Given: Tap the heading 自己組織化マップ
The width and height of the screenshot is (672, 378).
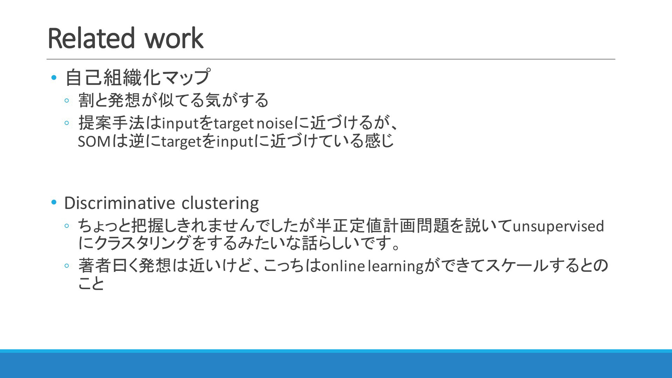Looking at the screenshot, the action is coord(138,77).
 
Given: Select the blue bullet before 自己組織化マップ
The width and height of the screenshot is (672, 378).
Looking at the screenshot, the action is coord(54,77).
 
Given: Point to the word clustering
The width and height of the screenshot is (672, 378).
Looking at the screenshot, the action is coord(220,203).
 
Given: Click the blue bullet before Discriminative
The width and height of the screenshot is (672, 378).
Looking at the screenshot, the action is coord(54,202).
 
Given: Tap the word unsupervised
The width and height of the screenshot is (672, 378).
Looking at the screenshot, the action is coord(558,226).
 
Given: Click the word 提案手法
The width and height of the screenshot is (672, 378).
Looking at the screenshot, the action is coord(111,123).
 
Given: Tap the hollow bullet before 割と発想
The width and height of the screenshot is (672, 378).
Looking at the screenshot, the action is coord(67,101).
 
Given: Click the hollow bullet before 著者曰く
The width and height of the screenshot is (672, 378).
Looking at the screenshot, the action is coord(67,266).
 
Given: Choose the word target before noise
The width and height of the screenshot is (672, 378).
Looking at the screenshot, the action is coord(234,124).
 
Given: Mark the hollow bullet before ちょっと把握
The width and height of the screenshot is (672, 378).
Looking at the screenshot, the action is coord(67,226).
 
